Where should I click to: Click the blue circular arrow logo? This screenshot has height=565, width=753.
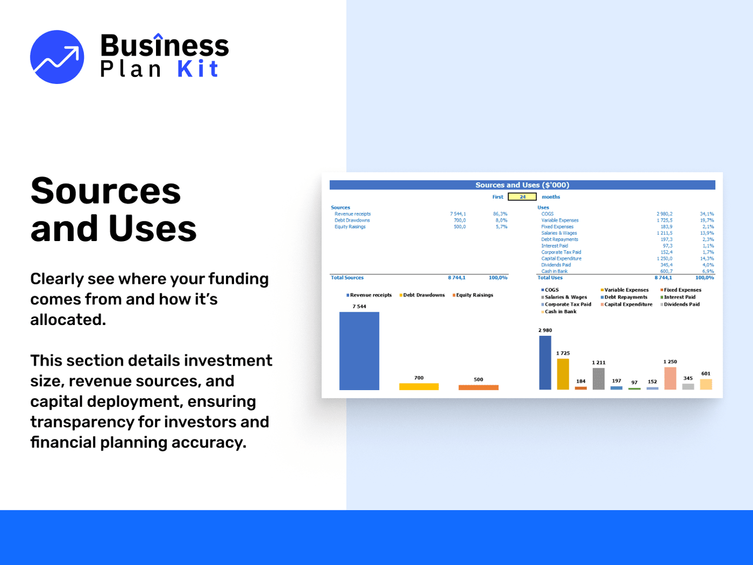pyautogui.click(x=57, y=57)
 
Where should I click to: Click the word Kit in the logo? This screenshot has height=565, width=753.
pyautogui.click(x=198, y=69)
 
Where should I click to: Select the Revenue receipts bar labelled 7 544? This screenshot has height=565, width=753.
pyautogui.click(x=359, y=350)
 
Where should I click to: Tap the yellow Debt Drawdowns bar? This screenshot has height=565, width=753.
pyautogui.click(x=419, y=386)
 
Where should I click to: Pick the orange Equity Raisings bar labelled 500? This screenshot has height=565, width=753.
pyautogui.click(x=478, y=387)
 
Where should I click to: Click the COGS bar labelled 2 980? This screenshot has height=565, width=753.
pyautogui.click(x=545, y=362)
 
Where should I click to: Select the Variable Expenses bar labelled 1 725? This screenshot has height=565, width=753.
pyautogui.click(x=563, y=374)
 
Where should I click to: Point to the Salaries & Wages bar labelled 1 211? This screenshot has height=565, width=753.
pyautogui.click(x=599, y=379)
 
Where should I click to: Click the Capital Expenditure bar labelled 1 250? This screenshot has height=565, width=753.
pyautogui.click(x=670, y=378)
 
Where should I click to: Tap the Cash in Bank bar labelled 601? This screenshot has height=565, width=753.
pyautogui.click(x=706, y=384)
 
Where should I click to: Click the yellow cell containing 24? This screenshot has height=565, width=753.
pyautogui.click(x=522, y=197)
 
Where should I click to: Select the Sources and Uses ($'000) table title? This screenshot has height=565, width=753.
pyautogui.click(x=522, y=185)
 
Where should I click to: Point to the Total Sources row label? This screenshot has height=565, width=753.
pyautogui.click(x=347, y=278)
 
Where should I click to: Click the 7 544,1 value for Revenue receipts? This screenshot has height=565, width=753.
pyautogui.click(x=458, y=214)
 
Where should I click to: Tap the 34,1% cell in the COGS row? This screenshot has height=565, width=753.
pyautogui.click(x=706, y=214)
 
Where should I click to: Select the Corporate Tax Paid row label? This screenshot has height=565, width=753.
pyautogui.click(x=561, y=252)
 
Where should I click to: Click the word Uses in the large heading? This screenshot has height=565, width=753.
pyautogui.click(x=152, y=228)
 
